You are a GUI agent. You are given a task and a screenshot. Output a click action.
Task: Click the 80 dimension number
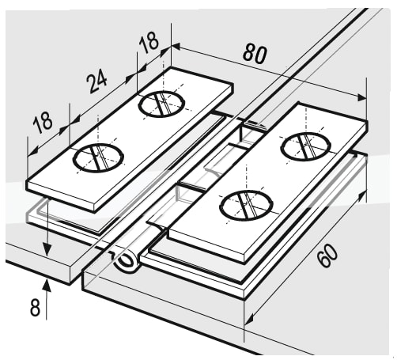pos(255,54)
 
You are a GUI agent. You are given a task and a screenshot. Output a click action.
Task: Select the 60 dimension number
pos(327,255)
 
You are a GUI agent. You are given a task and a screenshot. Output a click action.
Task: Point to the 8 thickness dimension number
pos(35,307)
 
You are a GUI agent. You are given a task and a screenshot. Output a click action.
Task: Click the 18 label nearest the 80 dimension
pos(149,42)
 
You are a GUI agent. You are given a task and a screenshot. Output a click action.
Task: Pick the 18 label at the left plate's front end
pos(43,122)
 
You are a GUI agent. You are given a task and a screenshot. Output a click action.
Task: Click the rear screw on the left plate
pos(161,104)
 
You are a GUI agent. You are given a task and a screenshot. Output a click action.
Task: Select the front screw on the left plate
pos(98,158)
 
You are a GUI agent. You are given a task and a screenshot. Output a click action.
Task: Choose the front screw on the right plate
pos(246,205)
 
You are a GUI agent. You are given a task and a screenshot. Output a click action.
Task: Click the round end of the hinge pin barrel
pos(127,262)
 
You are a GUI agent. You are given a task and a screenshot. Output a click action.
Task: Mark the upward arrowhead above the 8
pos(47,285)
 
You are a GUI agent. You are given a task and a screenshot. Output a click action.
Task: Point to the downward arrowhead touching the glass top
pos(47,249)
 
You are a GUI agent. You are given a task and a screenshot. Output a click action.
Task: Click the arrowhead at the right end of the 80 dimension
pos(361,97)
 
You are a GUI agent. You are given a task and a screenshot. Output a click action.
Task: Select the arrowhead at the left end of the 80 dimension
pos(176,47)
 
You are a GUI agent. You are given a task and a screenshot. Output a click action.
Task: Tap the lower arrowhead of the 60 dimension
pos(249,319)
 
